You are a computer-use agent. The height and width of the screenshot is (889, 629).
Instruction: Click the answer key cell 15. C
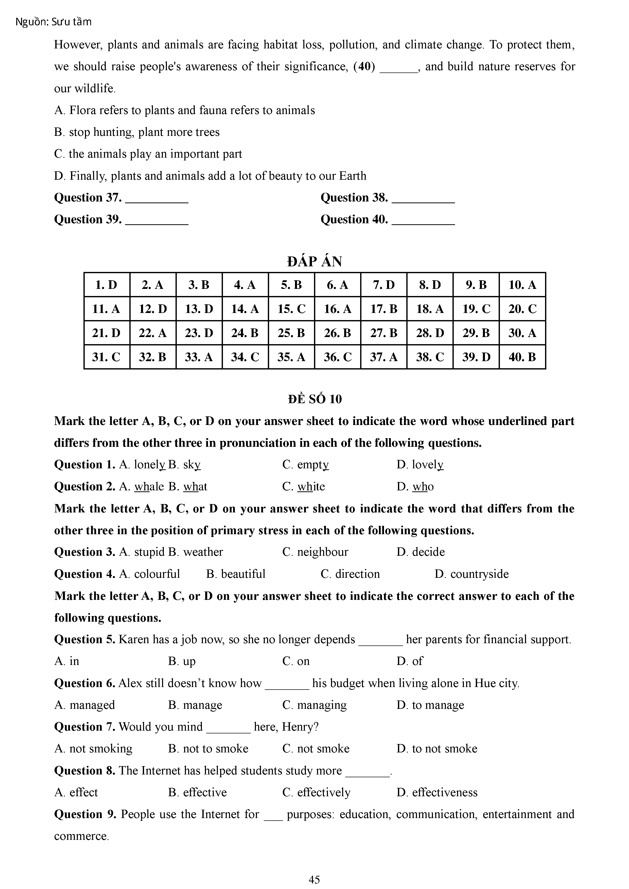(x=291, y=309)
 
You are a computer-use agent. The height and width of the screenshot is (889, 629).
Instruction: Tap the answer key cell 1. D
(x=107, y=285)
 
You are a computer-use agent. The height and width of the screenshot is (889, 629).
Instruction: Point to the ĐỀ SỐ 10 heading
(x=314, y=399)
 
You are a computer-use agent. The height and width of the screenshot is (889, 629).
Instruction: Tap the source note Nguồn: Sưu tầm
(x=54, y=22)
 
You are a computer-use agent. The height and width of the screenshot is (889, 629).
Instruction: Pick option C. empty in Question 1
(x=305, y=465)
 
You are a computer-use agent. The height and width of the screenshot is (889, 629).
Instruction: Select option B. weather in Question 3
(x=196, y=552)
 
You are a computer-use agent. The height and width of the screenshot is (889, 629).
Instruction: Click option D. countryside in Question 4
(x=472, y=574)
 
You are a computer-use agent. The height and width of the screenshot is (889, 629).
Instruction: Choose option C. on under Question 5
(x=296, y=661)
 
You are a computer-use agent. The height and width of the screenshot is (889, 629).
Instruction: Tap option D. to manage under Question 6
(x=430, y=705)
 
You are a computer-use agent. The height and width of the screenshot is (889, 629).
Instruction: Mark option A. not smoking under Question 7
(x=93, y=748)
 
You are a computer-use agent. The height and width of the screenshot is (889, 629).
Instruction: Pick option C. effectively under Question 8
(x=316, y=792)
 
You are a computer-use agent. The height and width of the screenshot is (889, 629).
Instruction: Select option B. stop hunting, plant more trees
(x=137, y=132)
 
